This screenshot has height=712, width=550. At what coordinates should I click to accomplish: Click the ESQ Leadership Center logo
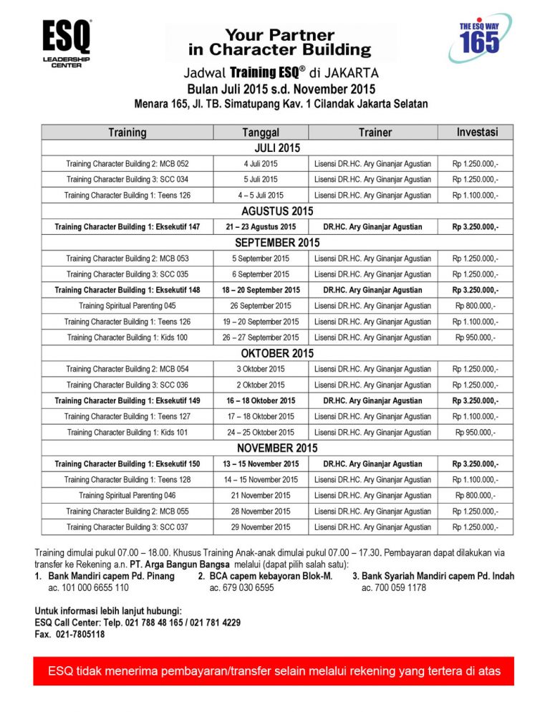pyautogui.click(x=67, y=44)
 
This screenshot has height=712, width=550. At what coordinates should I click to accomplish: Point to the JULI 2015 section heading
pyautogui.click(x=277, y=148)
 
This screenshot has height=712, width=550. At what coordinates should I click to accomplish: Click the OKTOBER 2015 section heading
pyautogui.click(x=277, y=353)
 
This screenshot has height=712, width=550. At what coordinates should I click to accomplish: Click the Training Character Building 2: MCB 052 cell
pyautogui.click(x=127, y=164)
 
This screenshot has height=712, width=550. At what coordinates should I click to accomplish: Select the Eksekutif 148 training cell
pyautogui.click(x=127, y=290)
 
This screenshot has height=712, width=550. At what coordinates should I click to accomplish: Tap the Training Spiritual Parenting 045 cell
pyautogui.click(x=127, y=306)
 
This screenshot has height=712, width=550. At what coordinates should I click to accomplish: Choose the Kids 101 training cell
pyautogui.click(x=127, y=432)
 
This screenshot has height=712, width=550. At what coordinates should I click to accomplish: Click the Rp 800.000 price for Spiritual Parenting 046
pyautogui.click(x=476, y=495)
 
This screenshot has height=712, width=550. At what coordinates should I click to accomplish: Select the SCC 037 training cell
pyautogui.click(x=127, y=526)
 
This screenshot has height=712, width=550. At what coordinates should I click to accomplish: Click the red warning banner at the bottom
pyautogui.click(x=274, y=671)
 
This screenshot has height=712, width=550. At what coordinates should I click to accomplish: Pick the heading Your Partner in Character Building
pyautogui.click(x=280, y=42)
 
